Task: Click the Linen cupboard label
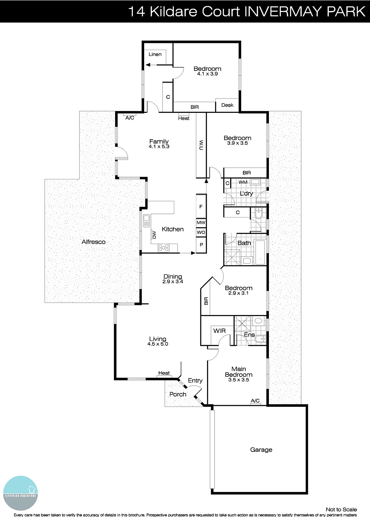[x=155, y=54]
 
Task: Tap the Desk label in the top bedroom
[x=227, y=105]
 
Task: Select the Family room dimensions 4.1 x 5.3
[x=159, y=146]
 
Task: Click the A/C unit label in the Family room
[x=130, y=118]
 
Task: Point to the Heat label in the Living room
[x=164, y=373]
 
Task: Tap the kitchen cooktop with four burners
[x=164, y=248]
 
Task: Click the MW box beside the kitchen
[x=201, y=223]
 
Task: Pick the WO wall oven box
[x=201, y=232]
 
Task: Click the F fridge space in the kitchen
[x=201, y=206]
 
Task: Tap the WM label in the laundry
[x=243, y=182]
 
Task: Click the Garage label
[x=261, y=449]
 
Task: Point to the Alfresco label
[x=93, y=242]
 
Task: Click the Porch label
[x=178, y=394]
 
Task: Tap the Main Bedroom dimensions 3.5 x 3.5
[x=238, y=380]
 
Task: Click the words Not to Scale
[x=341, y=510]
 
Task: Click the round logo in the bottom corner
[x=20, y=493]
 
